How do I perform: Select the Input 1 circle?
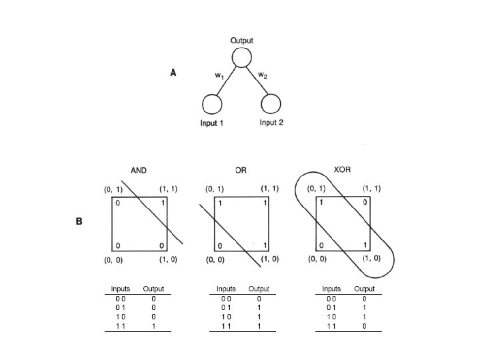212,105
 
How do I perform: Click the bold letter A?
173,73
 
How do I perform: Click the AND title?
139,171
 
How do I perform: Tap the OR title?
241,171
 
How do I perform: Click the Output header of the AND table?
153,289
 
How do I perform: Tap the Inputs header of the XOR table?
331,289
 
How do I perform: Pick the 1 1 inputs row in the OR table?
227,327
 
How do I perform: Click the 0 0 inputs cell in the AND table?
121,299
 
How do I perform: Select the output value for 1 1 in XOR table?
364,327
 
